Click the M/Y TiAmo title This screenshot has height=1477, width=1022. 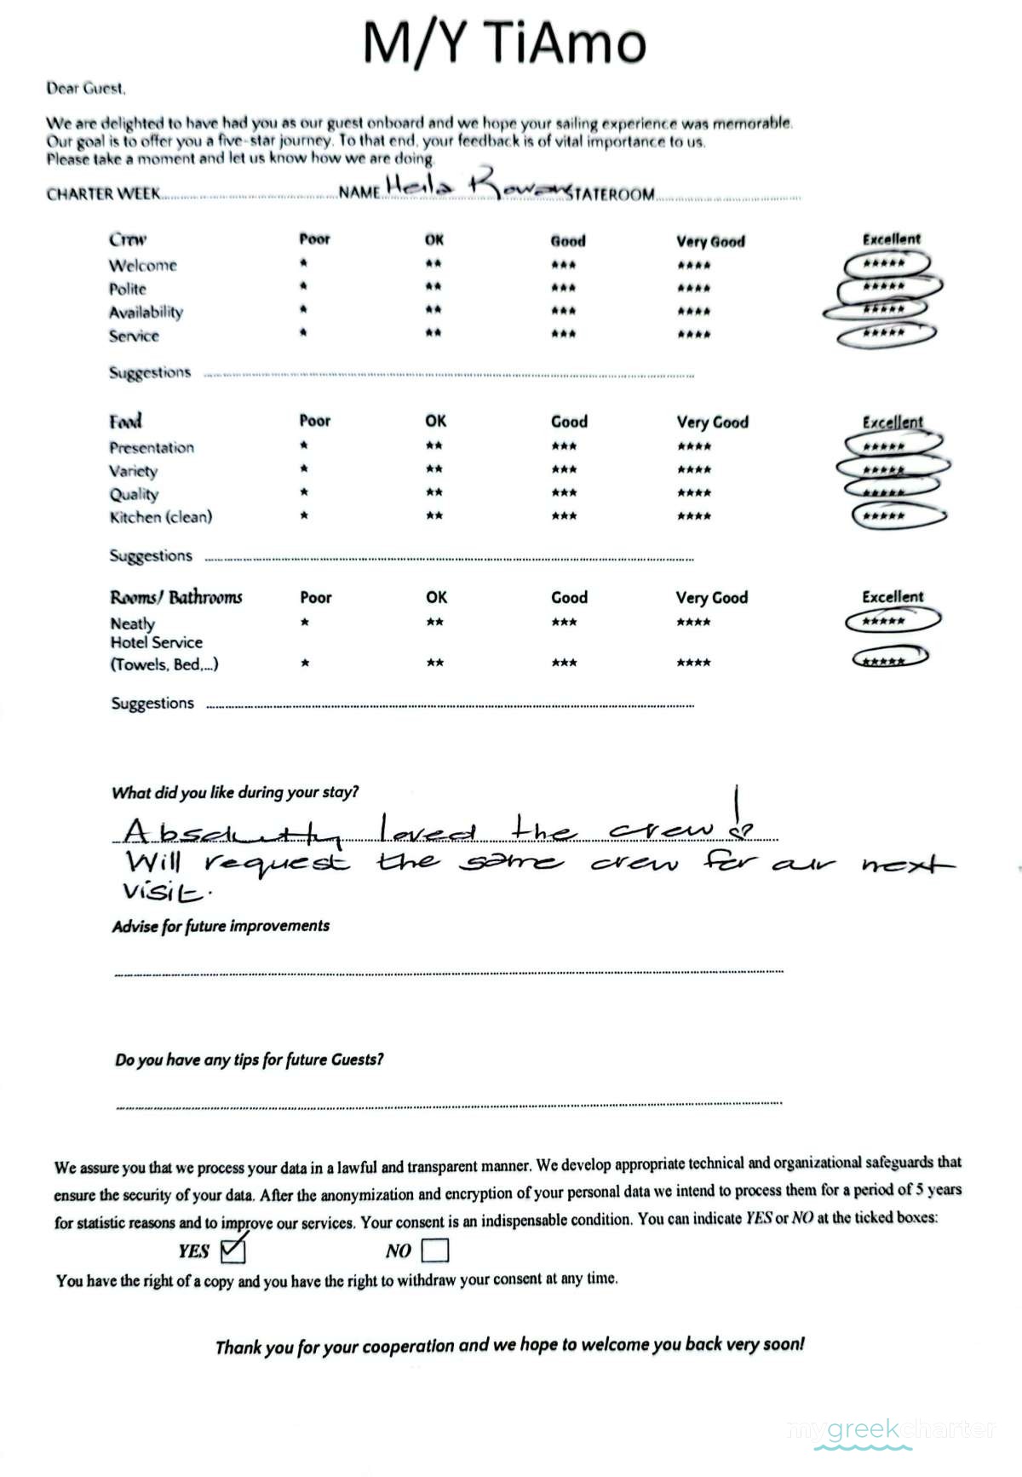[x=504, y=43]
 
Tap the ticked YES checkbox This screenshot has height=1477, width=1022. [x=232, y=1250]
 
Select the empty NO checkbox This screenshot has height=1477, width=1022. [x=434, y=1250]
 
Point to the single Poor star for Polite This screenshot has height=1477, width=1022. [x=303, y=287]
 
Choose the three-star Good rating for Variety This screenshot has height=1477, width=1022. [x=564, y=469]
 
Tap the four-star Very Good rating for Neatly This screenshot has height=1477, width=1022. [x=693, y=623]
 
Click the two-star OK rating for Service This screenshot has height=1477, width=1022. [x=433, y=334]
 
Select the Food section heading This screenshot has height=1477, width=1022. [x=125, y=421]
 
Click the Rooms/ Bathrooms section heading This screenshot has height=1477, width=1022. [x=176, y=597]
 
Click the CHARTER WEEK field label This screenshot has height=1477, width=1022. [x=103, y=194]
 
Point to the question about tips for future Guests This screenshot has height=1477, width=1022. [x=249, y=1060]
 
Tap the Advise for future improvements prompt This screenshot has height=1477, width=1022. [x=221, y=926]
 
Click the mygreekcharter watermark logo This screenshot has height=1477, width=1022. [x=891, y=1428]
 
